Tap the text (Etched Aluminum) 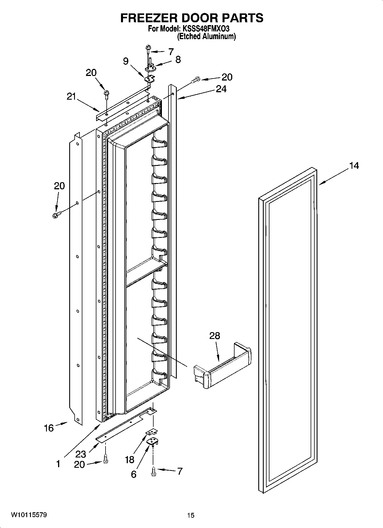[x=206, y=37]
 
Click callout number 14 [x=354, y=166]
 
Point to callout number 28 [x=215, y=336]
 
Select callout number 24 [x=221, y=89]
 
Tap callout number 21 [x=71, y=97]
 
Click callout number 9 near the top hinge [x=126, y=61]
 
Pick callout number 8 [x=178, y=59]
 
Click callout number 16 [x=49, y=428]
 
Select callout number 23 [x=81, y=454]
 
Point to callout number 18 [x=129, y=459]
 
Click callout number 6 [x=134, y=474]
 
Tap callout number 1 [x=58, y=464]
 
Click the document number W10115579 [x=29, y=515]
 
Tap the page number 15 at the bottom [x=191, y=515]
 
